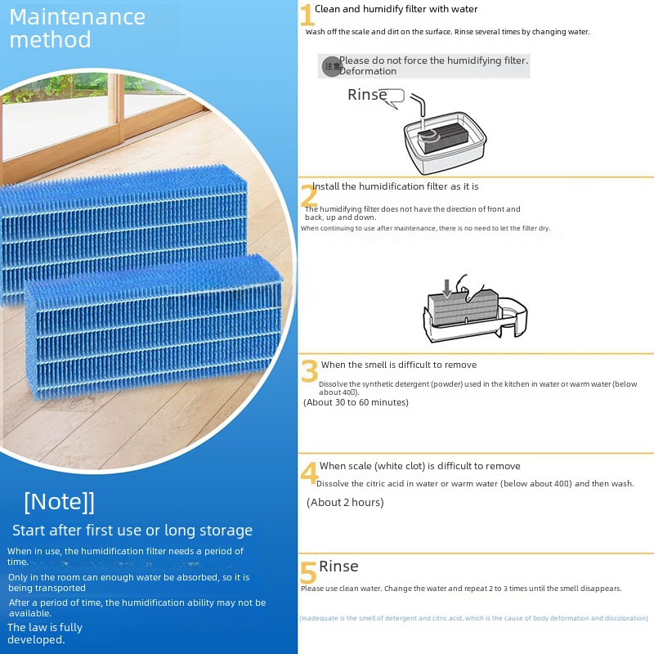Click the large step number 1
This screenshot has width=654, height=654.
(307, 16)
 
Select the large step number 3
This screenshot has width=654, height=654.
(309, 371)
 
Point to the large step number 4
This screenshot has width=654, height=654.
(309, 473)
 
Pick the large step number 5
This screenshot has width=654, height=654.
(308, 572)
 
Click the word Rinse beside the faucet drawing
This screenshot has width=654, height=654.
(367, 95)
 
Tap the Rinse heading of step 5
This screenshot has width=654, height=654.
(338, 567)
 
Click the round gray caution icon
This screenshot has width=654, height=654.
(331, 66)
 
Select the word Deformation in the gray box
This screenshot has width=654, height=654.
(368, 72)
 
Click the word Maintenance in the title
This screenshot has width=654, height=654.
(78, 16)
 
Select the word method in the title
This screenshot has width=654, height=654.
(51, 39)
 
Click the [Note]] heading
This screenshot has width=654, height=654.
(59, 501)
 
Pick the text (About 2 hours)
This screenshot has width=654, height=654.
(345, 503)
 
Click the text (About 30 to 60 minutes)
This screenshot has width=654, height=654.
(356, 402)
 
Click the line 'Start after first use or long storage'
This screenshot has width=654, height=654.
(132, 531)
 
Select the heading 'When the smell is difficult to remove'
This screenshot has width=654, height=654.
(399, 365)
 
